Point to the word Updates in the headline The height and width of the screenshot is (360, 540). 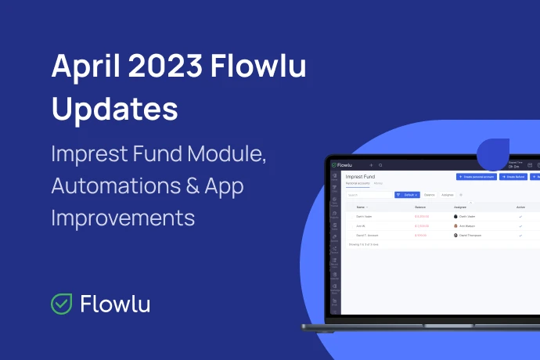pos(114,108)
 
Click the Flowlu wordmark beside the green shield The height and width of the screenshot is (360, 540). pos(115,304)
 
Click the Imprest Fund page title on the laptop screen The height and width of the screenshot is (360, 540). pos(360,177)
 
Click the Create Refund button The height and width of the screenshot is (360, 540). pos(514,178)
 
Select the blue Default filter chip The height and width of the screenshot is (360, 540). pos(407,194)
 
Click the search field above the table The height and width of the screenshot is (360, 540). pos(368,194)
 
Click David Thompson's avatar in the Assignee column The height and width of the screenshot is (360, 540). pos(455,235)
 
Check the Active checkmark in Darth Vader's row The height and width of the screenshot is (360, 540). pos(520,216)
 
